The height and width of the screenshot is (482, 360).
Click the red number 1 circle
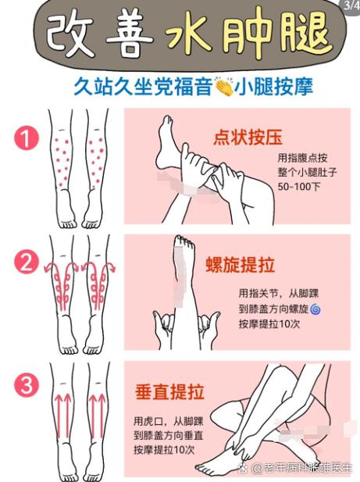pyautogui.click(x=27, y=140)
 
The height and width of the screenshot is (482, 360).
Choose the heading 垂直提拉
pyautogui.click(x=169, y=391)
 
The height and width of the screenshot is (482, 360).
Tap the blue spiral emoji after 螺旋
pyautogui.click(x=315, y=309)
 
